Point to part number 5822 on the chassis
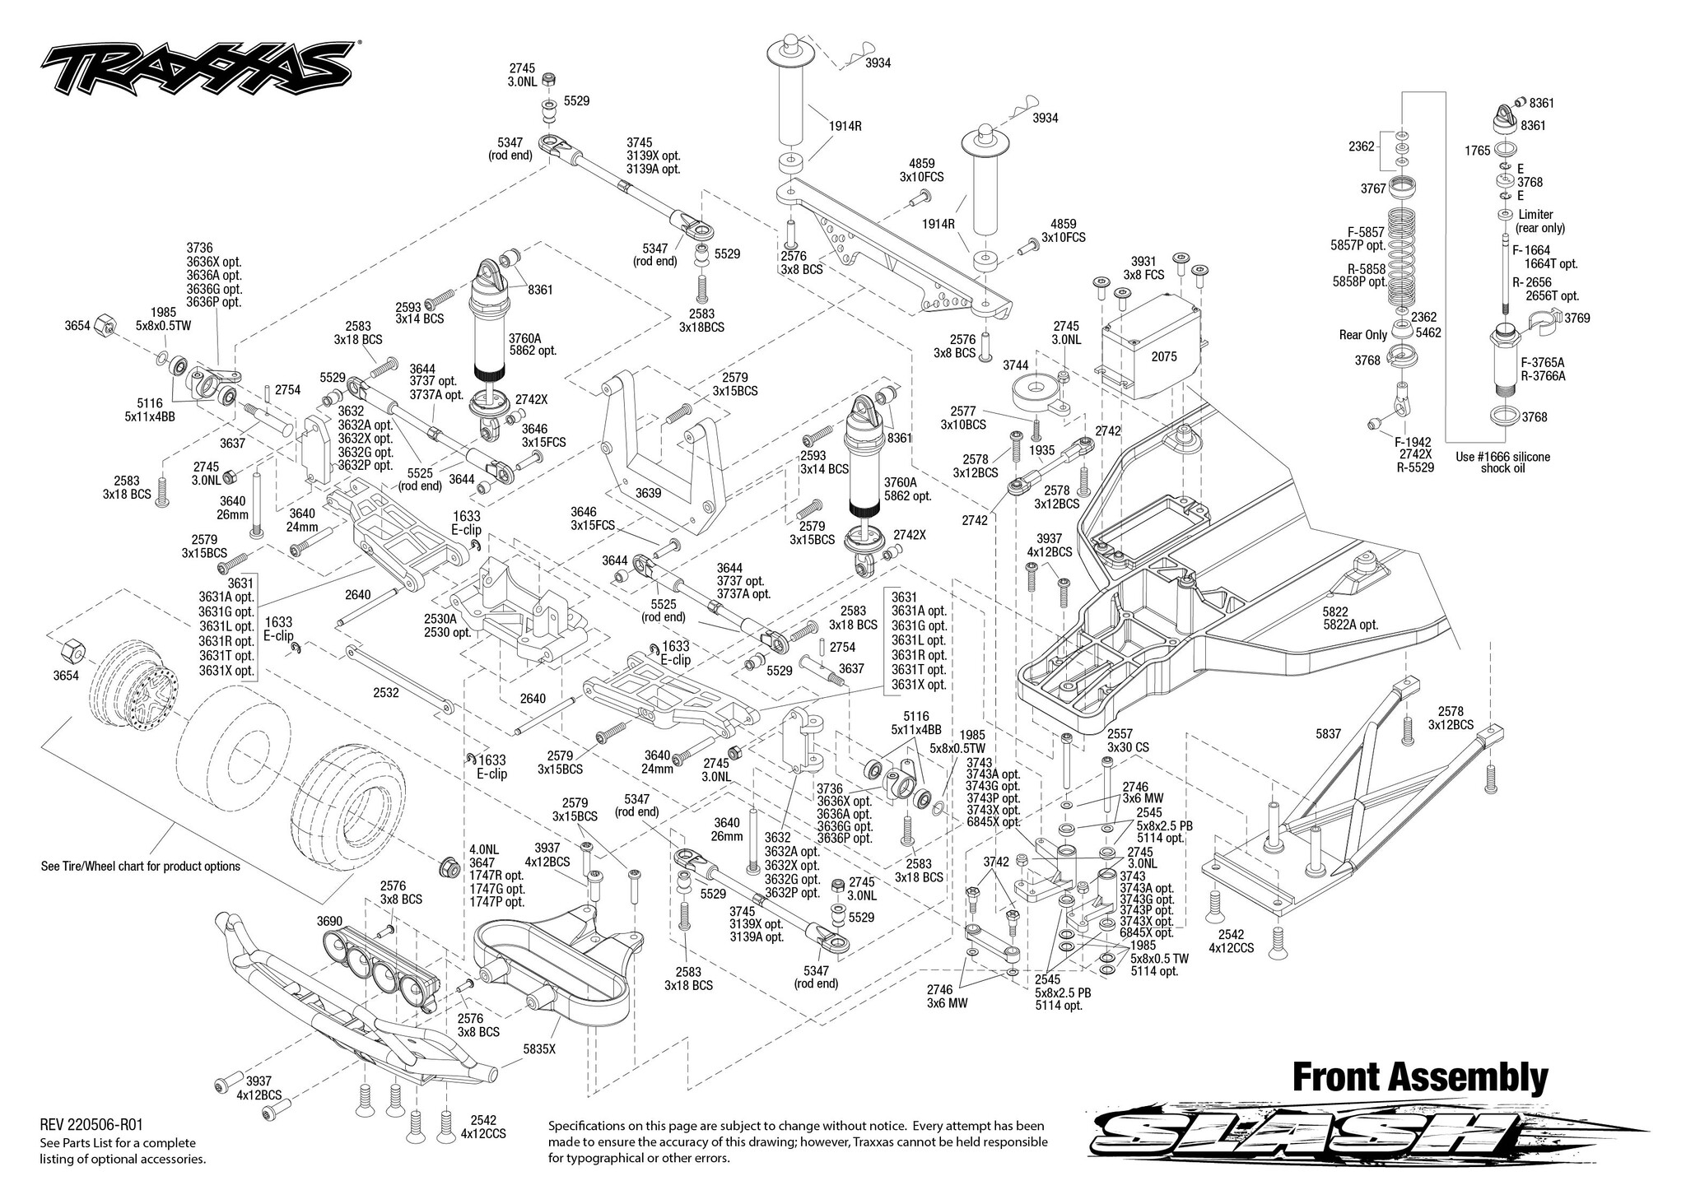pyautogui.click(x=1335, y=611)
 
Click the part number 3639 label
pyautogui.click(x=648, y=493)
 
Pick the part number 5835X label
pyautogui.click(x=539, y=1049)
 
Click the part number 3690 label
pyautogui.click(x=330, y=920)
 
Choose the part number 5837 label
pyautogui.click(x=1328, y=733)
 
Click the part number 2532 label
pyautogui.click(x=385, y=693)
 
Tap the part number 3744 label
pyautogui.click(x=1015, y=364)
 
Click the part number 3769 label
pyautogui.click(x=1577, y=318)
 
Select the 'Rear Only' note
pyautogui.click(x=1363, y=335)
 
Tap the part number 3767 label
pyautogui.click(x=1374, y=188)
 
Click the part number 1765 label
pyautogui.click(x=1478, y=151)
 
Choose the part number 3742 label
pyautogui.click(x=996, y=862)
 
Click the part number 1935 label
pyautogui.click(x=1041, y=450)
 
